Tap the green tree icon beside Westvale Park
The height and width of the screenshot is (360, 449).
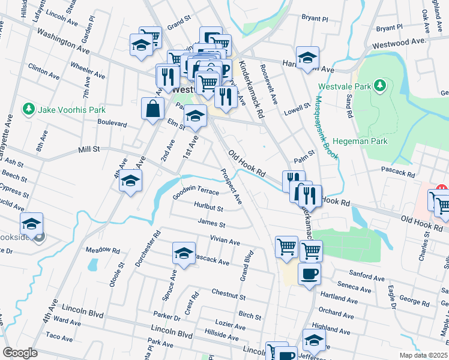(379, 86)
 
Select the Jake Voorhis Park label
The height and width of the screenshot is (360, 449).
(71, 110)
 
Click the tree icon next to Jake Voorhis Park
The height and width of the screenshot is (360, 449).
(28, 109)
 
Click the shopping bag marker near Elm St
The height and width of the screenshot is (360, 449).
(152, 109)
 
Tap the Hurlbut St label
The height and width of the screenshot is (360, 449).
(208, 208)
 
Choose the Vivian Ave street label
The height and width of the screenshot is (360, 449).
(224, 240)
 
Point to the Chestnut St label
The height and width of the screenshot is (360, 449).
(228, 295)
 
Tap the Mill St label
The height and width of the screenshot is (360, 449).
(88, 149)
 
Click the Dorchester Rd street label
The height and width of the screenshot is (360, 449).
(148, 248)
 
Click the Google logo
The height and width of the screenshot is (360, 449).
(20, 352)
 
